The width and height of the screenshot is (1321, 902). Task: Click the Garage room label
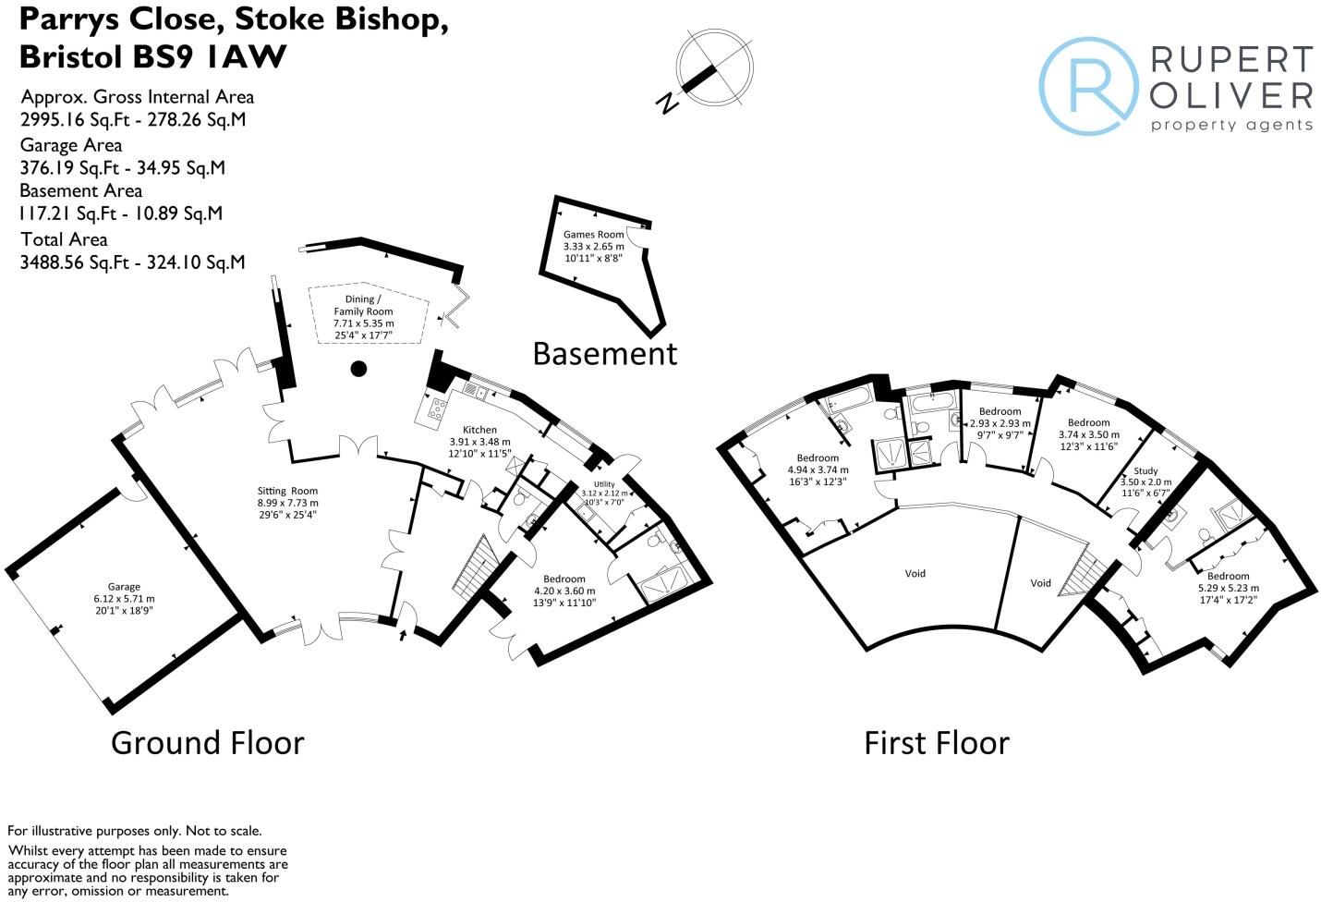coord(124,586)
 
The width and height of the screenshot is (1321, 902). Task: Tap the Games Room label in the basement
coord(594,235)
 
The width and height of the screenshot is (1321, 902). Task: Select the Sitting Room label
coord(287,492)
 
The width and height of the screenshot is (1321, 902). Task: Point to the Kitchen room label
coord(479,430)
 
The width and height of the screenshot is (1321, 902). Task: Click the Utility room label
coord(604,484)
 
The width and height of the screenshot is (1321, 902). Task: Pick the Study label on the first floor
coord(1145,470)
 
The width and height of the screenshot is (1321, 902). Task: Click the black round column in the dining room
coord(358,370)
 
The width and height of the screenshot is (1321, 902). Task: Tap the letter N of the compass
coord(666,103)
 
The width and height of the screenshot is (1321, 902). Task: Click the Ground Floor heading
coord(207,743)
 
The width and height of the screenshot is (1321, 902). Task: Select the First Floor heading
coord(936,743)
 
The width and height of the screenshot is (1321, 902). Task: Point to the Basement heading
coord(605,353)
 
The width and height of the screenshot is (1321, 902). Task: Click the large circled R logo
coord(1088,86)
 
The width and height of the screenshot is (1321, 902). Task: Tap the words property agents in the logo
coord(1231,125)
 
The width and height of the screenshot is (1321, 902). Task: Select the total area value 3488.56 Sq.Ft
coord(77,262)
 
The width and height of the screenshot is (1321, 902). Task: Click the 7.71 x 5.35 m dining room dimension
coord(363,323)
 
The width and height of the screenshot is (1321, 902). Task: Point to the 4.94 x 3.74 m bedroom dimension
coord(818,469)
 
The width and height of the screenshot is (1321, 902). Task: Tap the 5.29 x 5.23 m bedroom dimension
coord(1228,588)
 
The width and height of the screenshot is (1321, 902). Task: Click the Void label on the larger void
coord(915,574)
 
